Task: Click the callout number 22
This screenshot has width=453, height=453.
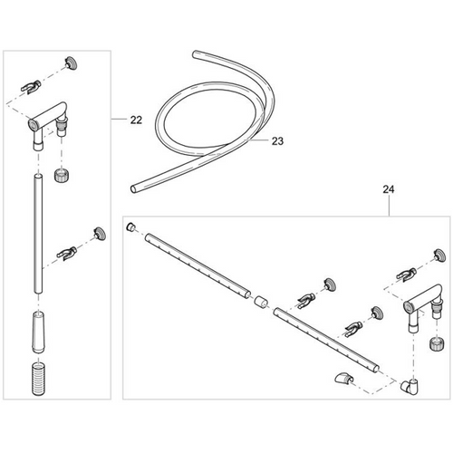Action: [x=136, y=120]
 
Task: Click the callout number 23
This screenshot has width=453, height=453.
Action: [x=277, y=141]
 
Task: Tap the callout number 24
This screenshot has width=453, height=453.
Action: [x=389, y=189]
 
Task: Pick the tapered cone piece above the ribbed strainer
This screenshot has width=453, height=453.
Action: [x=38, y=333]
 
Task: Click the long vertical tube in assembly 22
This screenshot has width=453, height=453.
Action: [x=38, y=234]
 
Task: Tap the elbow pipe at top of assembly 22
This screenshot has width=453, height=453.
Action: [x=48, y=120]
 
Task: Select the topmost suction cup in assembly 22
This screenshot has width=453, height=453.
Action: [x=71, y=63]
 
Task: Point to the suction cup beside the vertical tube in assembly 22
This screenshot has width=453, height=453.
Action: [x=100, y=234]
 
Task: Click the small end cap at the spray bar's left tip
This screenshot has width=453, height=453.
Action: [x=130, y=227]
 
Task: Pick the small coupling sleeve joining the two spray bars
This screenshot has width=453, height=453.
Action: [x=261, y=303]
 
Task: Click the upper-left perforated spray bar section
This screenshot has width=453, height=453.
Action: [x=198, y=265]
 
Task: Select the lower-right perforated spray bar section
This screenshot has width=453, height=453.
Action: [x=326, y=341]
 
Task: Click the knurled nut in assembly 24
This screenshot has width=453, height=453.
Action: [x=437, y=343]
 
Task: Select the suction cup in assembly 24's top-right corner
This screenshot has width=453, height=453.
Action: [x=439, y=255]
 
